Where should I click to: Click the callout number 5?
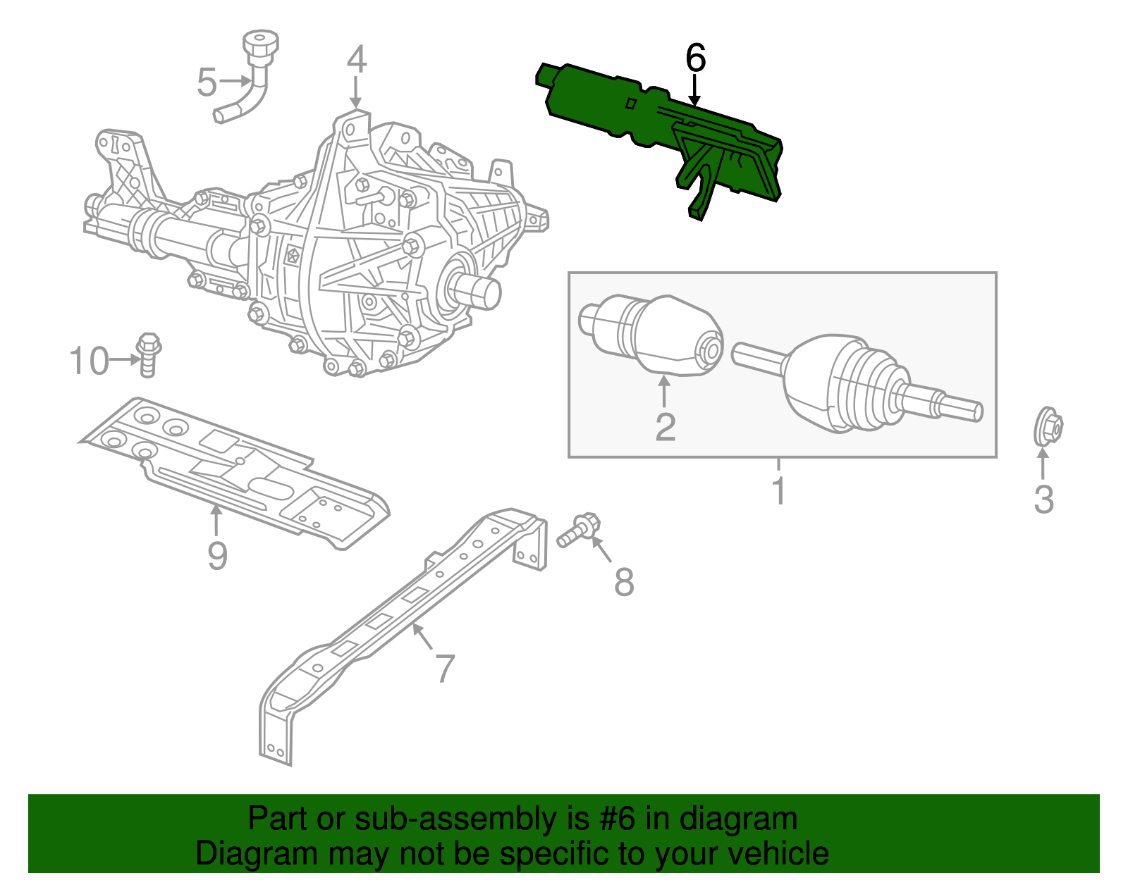point(207,83)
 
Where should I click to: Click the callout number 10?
point(90,361)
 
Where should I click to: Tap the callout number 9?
point(217,556)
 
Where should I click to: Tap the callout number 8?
point(624,583)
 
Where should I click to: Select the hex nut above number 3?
point(1050,426)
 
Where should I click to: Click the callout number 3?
point(1043,500)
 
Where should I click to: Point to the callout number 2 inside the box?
point(665,427)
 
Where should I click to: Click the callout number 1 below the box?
point(778,491)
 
